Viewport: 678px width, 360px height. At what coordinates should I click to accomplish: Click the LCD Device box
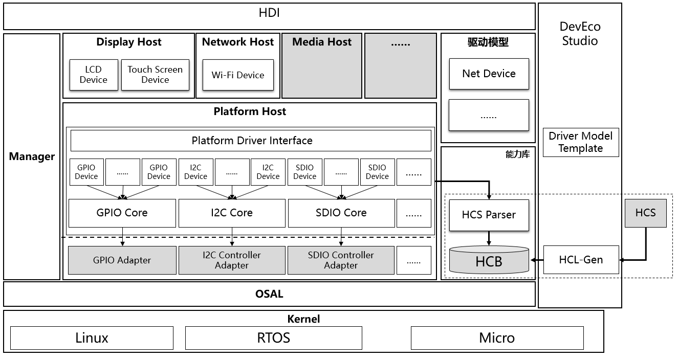point(93,75)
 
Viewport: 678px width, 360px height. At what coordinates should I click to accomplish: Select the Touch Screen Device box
point(155,75)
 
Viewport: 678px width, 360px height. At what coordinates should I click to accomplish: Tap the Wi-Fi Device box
point(238,75)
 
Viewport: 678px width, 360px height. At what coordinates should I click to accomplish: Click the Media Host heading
point(322,42)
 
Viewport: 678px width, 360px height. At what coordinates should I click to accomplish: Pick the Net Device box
point(489,74)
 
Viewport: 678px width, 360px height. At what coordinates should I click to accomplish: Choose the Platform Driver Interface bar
point(251,141)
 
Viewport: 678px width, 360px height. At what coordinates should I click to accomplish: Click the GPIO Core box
point(122,213)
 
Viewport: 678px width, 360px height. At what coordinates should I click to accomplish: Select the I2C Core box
point(232,213)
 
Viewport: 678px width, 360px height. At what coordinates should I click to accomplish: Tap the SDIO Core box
point(341,213)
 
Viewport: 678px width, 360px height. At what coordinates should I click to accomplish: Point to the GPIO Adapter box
point(122,260)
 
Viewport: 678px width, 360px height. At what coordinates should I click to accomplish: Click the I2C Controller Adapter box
point(232,260)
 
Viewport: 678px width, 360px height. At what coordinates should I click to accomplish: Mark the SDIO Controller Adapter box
point(341,260)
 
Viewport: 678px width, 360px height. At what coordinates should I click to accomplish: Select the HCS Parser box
point(489,215)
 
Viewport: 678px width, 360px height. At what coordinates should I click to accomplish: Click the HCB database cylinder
point(489,260)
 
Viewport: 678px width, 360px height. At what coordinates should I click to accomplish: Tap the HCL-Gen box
point(581,260)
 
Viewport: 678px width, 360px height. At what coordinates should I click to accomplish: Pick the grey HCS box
point(645,213)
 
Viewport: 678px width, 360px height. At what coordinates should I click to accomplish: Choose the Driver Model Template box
point(581,142)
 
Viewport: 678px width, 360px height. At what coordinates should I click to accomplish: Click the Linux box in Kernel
point(92,338)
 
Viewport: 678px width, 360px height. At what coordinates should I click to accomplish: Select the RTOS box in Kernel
point(273,338)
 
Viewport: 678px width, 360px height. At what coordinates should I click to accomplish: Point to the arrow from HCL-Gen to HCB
point(536,260)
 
